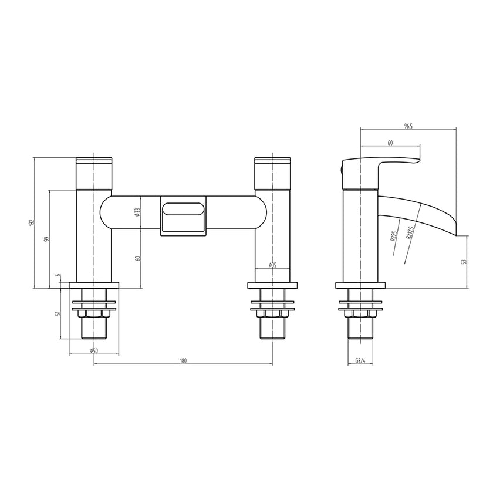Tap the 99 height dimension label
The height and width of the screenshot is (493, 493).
coord(47,238)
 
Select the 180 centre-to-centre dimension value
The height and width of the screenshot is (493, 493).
coord(183,361)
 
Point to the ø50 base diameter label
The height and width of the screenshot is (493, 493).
coord(93,350)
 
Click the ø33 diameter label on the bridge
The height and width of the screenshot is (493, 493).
coord(137,212)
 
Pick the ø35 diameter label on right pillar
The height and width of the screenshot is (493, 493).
coord(272,265)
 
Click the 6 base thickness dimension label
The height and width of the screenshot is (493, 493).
coord(58,276)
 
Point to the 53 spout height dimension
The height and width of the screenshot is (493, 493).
coord(465,262)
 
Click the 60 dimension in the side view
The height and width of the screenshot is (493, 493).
coord(390,143)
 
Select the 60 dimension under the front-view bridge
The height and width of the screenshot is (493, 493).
coord(138,258)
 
